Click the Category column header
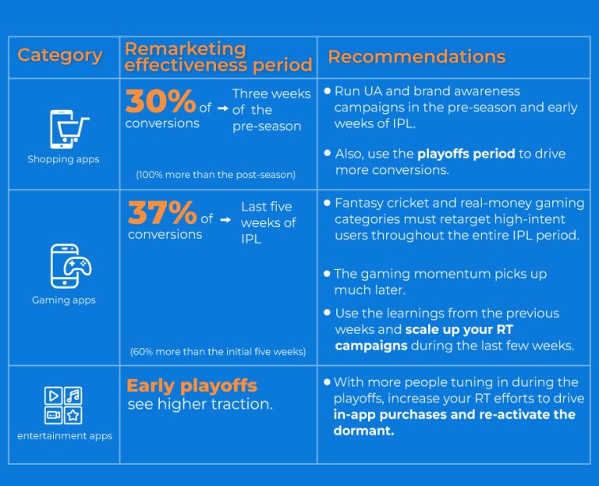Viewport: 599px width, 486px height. (x=60, y=55)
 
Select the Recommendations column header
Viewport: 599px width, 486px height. (x=416, y=57)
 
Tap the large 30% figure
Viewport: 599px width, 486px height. (x=161, y=102)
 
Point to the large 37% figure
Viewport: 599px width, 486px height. (x=162, y=212)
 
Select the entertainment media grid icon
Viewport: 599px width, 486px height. (x=64, y=405)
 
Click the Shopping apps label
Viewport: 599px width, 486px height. (x=64, y=159)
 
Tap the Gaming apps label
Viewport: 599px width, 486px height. (x=64, y=300)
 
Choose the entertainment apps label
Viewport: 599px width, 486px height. (x=65, y=436)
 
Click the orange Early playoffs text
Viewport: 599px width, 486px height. (x=192, y=385)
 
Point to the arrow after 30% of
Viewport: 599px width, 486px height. (x=223, y=109)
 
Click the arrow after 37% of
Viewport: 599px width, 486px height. (x=226, y=220)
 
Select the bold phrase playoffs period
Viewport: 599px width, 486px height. (x=466, y=154)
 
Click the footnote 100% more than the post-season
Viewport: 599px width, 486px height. (x=215, y=175)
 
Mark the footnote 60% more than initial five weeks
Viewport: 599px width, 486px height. (x=218, y=352)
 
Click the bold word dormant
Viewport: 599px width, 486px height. (x=363, y=431)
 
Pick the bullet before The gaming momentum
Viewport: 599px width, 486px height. (x=328, y=274)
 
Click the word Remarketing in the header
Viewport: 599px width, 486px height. (x=185, y=48)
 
